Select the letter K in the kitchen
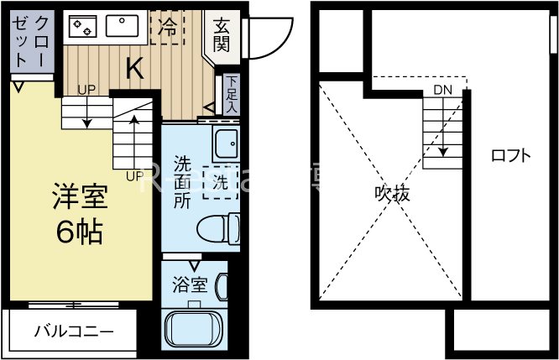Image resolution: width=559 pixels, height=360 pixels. [133, 69]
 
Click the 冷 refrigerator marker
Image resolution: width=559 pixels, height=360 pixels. [168, 28]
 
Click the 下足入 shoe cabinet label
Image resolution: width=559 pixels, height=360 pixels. [232, 95]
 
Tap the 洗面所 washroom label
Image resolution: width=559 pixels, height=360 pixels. [181, 181]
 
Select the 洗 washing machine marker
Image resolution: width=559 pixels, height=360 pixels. [219, 180]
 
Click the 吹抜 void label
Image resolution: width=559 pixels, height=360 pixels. [392, 195]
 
